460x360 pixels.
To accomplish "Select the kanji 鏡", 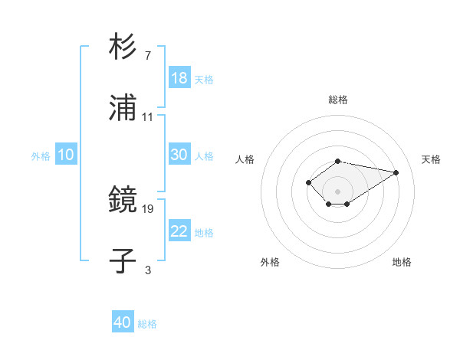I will pyautogui.click(x=123, y=201).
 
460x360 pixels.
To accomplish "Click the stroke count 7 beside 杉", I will pyautogui.click(x=147, y=56).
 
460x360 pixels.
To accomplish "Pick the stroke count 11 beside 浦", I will pyautogui.click(x=148, y=116).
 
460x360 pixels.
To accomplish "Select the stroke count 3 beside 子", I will pyautogui.click(x=148, y=270).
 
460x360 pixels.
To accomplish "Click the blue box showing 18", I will pyautogui.click(x=179, y=78).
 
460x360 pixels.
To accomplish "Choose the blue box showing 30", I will pyautogui.click(x=179, y=155).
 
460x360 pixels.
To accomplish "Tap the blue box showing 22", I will pyautogui.click(x=179, y=231).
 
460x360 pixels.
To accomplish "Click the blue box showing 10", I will pyautogui.click(x=66, y=155).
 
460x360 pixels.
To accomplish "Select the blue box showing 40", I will pyautogui.click(x=123, y=322).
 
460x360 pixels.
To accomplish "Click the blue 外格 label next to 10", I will pyautogui.click(x=41, y=156).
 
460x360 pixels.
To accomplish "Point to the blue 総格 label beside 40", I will pyautogui.click(x=147, y=324).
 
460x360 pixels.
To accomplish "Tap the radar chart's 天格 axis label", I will pyautogui.click(x=431, y=159).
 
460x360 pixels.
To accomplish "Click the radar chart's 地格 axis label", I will pyautogui.click(x=402, y=262).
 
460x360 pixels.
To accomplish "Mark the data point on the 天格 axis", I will pyautogui.click(x=396, y=172).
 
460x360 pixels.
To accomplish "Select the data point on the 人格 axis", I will pyautogui.click(x=308, y=182).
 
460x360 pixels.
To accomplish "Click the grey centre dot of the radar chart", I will pyautogui.click(x=337, y=191).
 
